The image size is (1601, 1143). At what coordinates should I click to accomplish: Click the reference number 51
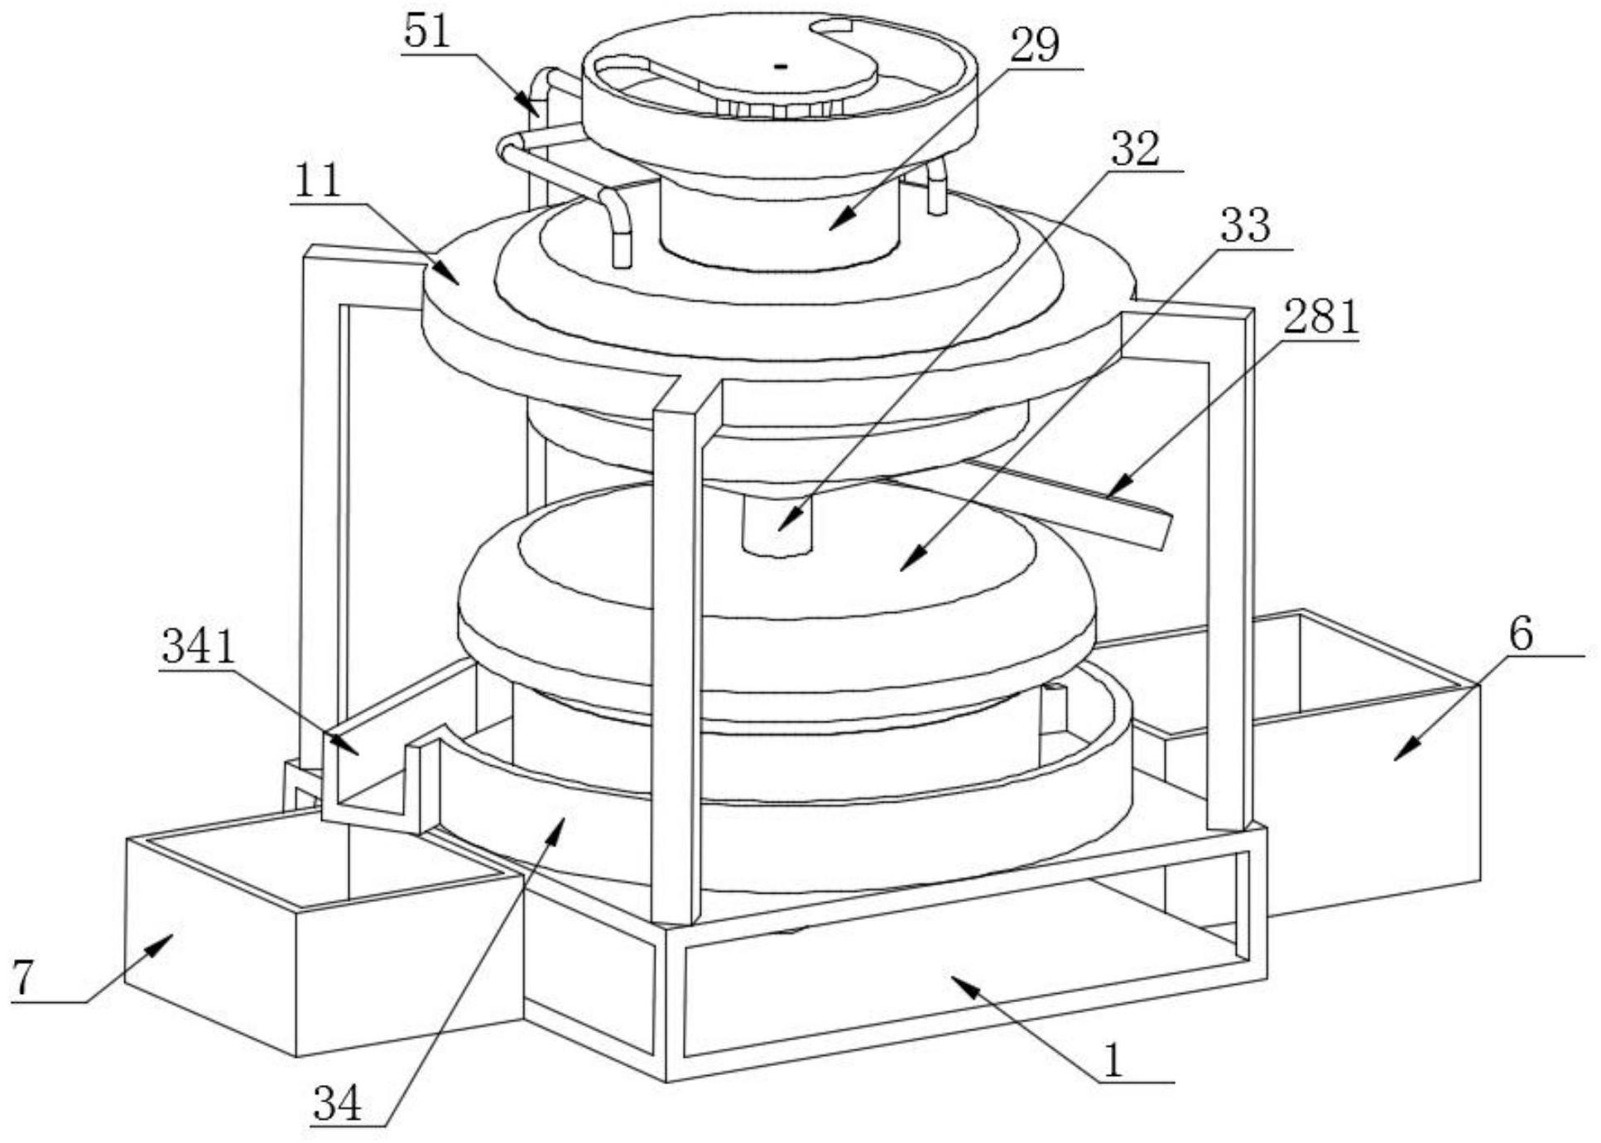click(426, 31)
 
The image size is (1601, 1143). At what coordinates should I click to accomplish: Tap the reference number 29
click(1035, 46)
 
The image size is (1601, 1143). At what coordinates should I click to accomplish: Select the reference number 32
click(1136, 149)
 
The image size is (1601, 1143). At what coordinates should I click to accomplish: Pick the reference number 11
click(317, 180)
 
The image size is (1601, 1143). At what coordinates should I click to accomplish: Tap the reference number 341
click(199, 647)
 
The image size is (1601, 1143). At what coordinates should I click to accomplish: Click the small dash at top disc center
click(780, 65)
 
